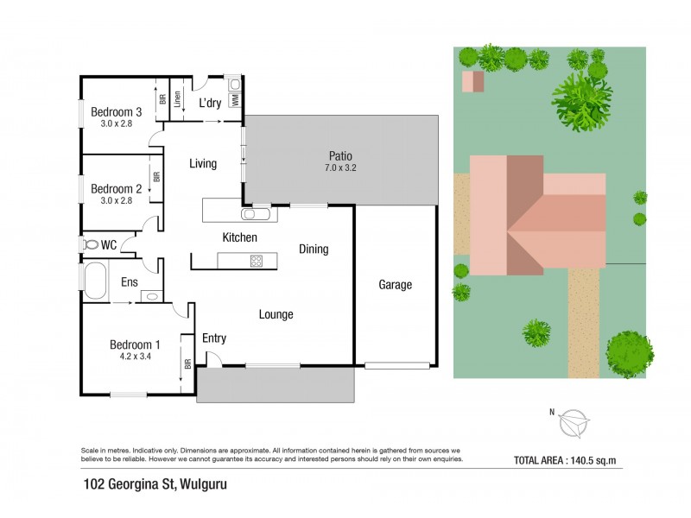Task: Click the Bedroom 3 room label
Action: click(117, 111)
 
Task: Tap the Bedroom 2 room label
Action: click(116, 189)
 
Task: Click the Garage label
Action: click(395, 285)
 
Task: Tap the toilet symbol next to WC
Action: click(90, 245)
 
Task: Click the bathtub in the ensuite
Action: click(94, 281)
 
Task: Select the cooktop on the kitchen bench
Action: click(257, 260)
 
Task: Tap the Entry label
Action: click(214, 338)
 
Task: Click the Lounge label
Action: click(276, 314)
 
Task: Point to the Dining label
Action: click(313, 250)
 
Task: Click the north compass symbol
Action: click(573, 423)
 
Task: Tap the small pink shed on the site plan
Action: click(473, 82)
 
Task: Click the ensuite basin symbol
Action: click(150, 296)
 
